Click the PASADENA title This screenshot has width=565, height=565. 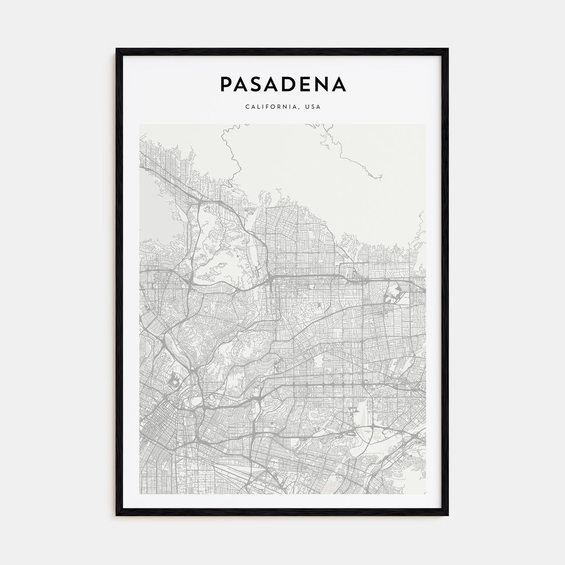coord(282,84)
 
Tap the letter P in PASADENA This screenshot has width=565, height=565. coord(226,84)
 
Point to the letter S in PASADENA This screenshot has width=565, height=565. coord(259,84)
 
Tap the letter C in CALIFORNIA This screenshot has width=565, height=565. coord(247,107)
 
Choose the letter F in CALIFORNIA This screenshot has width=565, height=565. coord(269,107)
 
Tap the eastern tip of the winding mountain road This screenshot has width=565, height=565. coord(382,176)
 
